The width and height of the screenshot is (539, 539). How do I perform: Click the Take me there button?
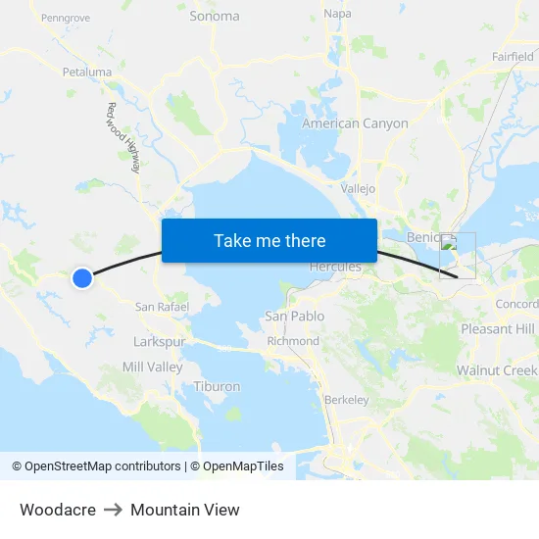tap(269, 241)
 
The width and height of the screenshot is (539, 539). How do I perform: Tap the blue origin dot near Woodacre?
tap(82, 278)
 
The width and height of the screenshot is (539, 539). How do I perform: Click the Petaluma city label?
tap(87, 73)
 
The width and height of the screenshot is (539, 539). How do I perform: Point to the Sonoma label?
tap(215, 16)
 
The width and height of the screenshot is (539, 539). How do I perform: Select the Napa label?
tap(337, 15)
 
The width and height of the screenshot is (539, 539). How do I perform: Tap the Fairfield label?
tap(513, 57)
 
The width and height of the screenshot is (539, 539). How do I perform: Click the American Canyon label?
tap(355, 124)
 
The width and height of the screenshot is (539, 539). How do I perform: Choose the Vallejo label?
tap(359, 188)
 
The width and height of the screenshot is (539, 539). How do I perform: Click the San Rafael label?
tap(161, 307)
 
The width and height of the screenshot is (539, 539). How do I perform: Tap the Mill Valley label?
tap(152, 367)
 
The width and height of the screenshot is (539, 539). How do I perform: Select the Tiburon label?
tap(217, 386)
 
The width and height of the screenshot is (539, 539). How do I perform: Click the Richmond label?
tap(293, 341)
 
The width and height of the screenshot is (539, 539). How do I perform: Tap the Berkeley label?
tap(346, 400)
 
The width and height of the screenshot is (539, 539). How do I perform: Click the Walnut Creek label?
tap(497, 370)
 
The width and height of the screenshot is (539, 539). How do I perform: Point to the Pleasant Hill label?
tap(498, 329)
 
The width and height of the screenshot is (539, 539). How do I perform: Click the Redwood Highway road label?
tap(124, 138)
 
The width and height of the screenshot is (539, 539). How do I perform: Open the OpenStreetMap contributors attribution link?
tap(102, 466)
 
